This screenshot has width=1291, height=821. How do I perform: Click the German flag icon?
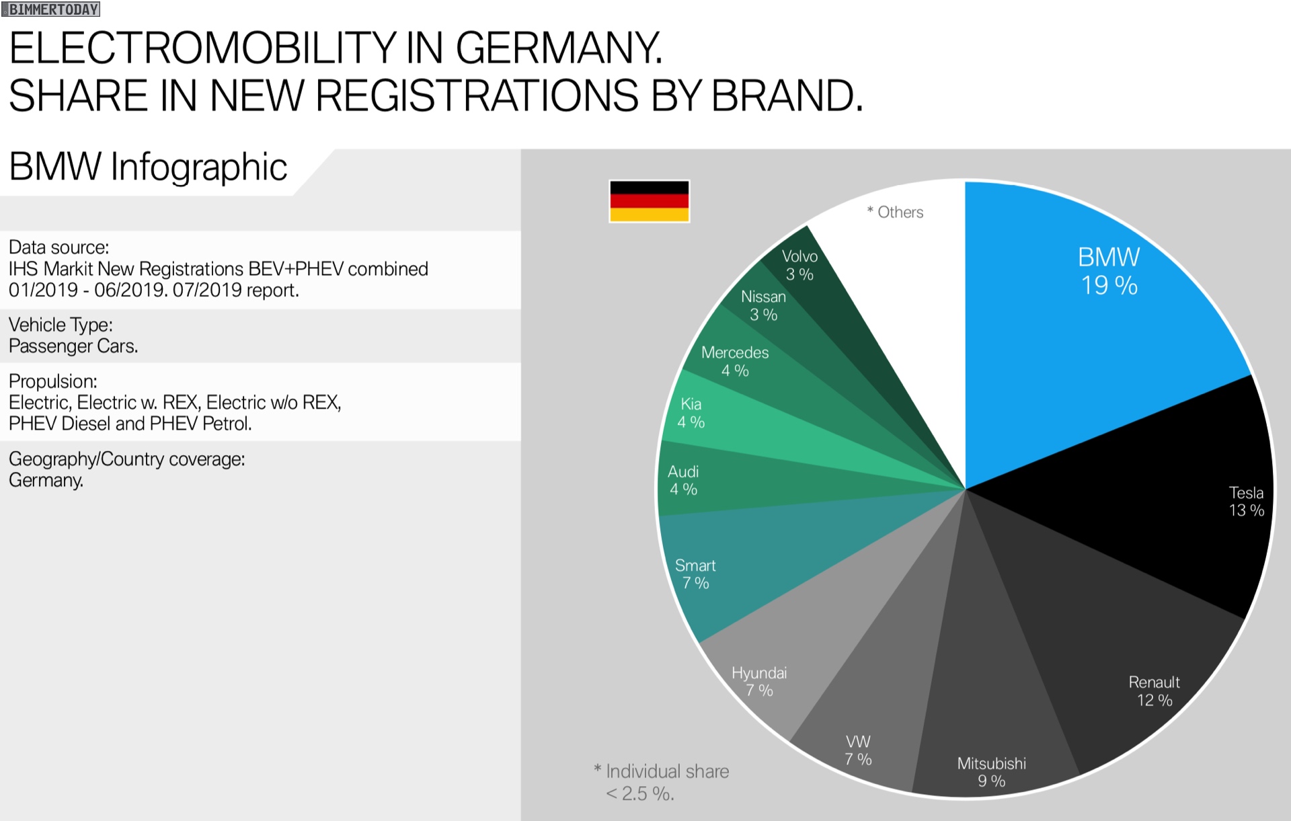[649, 201]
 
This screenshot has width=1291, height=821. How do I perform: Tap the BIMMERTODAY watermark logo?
[51, 9]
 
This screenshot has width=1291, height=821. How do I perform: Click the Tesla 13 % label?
[1246, 502]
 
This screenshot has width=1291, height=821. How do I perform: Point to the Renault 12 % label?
[1154, 691]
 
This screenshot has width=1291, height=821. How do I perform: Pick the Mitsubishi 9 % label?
[991, 772]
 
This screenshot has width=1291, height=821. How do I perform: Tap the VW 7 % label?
[858, 750]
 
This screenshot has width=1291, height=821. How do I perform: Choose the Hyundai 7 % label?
[759, 681]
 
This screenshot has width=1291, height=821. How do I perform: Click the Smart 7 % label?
[695, 574]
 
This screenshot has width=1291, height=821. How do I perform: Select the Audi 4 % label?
[683, 480]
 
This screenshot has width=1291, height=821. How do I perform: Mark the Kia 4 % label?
[691, 413]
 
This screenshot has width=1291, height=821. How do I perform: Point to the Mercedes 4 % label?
[734, 361]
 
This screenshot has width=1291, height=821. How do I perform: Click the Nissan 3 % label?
[763, 305]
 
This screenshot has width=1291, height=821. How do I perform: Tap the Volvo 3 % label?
[799, 265]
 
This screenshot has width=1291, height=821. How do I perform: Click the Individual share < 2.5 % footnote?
[662, 782]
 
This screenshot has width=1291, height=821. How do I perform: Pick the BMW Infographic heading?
[148, 167]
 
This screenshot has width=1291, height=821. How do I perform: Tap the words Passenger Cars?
[73, 346]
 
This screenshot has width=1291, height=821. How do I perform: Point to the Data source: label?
[58, 247]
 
